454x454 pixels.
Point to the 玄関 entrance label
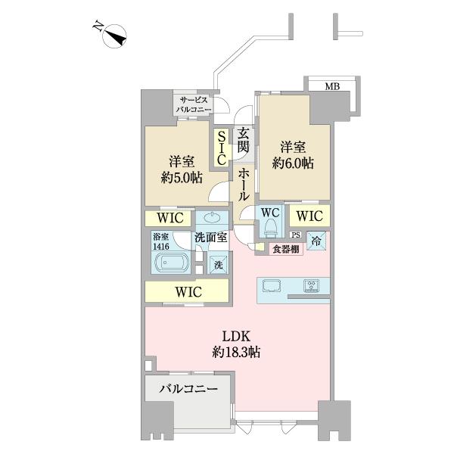click(244, 142)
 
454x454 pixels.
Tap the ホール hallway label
click(244, 184)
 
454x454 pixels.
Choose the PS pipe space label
click(296, 234)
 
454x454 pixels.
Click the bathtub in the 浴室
click(171, 263)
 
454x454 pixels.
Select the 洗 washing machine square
click(217, 265)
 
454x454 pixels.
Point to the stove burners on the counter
click(313, 286)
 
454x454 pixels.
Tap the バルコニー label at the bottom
click(188, 390)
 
